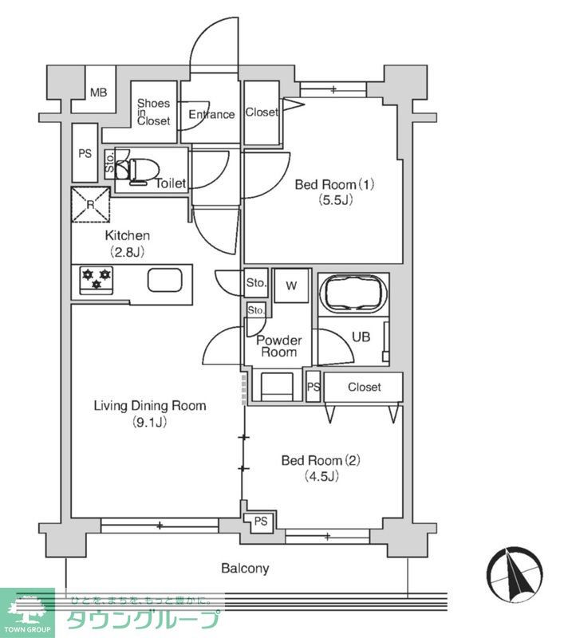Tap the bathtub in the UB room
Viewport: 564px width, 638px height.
pyautogui.click(x=353, y=293)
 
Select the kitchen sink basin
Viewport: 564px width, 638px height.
pyautogui.click(x=164, y=280)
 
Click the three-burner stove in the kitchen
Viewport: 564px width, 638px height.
pyautogui.click(x=97, y=280)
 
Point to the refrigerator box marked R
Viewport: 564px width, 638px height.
pyautogui.click(x=91, y=205)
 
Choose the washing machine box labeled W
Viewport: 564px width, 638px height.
pyautogui.click(x=291, y=286)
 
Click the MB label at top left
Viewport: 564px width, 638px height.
pyautogui.click(x=98, y=93)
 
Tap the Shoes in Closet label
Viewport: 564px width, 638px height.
pyautogui.click(x=153, y=112)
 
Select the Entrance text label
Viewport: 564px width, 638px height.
pyautogui.click(x=211, y=114)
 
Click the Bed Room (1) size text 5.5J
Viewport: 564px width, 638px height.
pyautogui.click(x=336, y=200)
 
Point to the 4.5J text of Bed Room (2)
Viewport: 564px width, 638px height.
pyautogui.click(x=321, y=475)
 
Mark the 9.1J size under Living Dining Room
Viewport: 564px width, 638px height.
pyautogui.click(x=150, y=422)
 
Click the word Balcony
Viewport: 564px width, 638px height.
pyautogui.click(x=245, y=569)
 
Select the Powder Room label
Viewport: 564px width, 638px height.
pyautogui.click(x=279, y=346)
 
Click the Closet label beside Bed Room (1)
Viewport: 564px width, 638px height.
pyautogui.click(x=262, y=112)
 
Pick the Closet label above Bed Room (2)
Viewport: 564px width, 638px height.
pyautogui.click(x=365, y=387)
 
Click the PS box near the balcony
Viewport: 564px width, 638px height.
pyautogui.click(x=260, y=522)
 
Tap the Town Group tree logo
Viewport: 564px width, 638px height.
pyautogui.click(x=28, y=609)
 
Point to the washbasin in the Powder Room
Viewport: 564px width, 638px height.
pyautogui.click(x=277, y=386)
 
